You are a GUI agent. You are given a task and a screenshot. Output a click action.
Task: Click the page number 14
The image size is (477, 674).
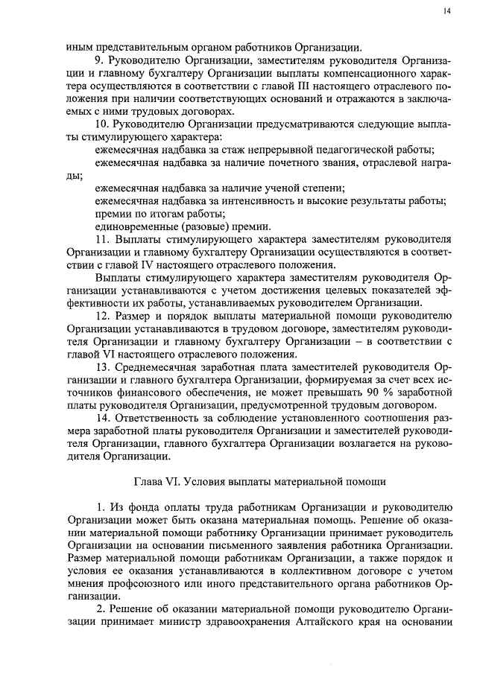(445, 10)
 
